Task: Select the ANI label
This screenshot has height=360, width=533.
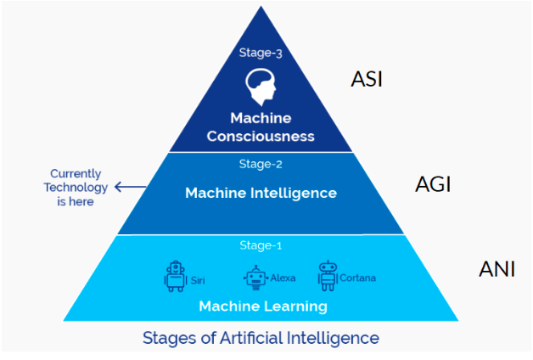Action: pyautogui.click(x=497, y=271)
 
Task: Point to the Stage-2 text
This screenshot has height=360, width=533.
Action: pyautogui.click(x=261, y=165)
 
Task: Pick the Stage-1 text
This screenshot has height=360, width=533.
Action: pyautogui.click(x=261, y=246)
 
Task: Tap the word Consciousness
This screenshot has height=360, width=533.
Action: pyautogui.click(x=261, y=136)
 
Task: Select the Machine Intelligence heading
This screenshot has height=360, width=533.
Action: pyautogui.click(x=261, y=193)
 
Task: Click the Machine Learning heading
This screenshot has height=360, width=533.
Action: pyautogui.click(x=262, y=306)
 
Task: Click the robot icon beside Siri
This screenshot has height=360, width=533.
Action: pyautogui.click(x=175, y=276)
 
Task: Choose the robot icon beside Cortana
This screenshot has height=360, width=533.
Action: pyautogui.click(x=328, y=275)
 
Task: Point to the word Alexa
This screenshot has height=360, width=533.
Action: pyautogui.click(x=283, y=278)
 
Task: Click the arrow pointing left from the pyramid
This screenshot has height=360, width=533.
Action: pyautogui.click(x=128, y=187)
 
